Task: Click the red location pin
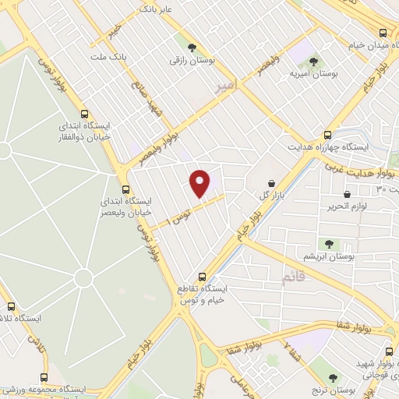(200, 183)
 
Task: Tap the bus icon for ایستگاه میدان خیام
(382, 33)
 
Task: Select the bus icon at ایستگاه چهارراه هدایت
(327, 134)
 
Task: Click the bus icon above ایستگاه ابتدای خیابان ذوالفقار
(84, 113)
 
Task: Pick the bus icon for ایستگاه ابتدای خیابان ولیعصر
(125, 189)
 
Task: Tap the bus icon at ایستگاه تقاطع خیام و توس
(203, 276)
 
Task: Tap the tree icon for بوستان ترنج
(334, 378)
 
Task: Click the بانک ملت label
(108, 57)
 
